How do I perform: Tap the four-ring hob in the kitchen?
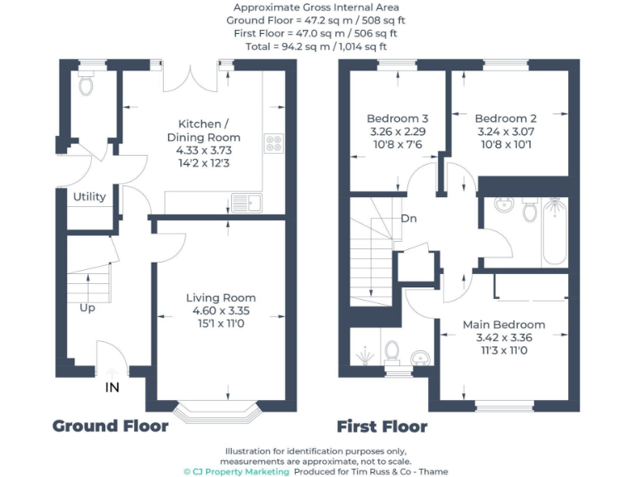click(x=273, y=144)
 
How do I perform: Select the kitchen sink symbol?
click(x=247, y=201)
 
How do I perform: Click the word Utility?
click(x=89, y=197)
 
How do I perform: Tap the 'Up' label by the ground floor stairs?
click(x=87, y=308)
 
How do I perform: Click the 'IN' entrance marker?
click(x=111, y=387)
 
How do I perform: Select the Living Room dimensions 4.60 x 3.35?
click(x=220, y=311)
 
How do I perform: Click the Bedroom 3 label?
click(x=397, y=118)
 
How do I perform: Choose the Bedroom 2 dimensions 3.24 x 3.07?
click(x=506, y=131)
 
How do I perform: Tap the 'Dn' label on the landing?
click(x=408, y=219)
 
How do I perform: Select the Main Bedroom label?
click(x=503, y=325)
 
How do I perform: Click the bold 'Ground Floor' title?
click(x=110, y=426)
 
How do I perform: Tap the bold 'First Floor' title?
click(x=382, y=427)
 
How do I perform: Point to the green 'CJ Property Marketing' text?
click(x=237, y=471)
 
